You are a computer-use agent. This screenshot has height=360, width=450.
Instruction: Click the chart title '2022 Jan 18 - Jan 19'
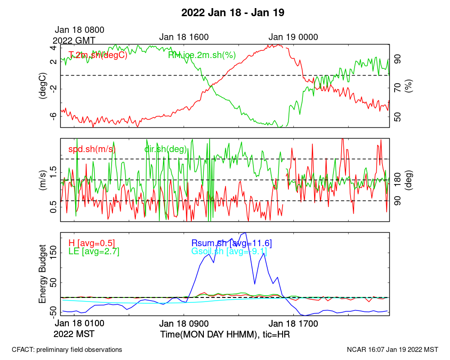point(233,13)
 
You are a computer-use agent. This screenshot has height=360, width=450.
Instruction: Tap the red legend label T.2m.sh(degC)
point(98,55)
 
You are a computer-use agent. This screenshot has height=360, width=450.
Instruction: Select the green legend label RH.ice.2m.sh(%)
point(202,55)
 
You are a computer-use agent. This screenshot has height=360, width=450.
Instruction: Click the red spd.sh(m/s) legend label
point(92,149)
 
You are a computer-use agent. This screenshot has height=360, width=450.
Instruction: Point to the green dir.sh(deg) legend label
point(165,149)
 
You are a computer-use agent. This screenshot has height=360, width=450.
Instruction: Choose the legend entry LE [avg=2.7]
point(94,252)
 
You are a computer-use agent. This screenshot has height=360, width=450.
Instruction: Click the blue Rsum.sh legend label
point(231,243)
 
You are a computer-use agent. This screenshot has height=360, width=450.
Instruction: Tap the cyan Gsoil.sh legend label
point(229,252)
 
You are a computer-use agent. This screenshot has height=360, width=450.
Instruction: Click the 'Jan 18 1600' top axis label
point(184,37)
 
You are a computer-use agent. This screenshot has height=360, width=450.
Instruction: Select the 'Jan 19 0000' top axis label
point(293,37)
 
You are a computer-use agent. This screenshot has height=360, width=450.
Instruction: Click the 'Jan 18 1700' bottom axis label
point(294,324)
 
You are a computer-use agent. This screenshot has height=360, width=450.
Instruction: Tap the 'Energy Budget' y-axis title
point(42,274)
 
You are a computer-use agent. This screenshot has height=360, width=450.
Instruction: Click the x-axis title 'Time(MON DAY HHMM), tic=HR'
point(213,335)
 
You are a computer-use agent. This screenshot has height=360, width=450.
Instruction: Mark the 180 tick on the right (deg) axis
point(397,180)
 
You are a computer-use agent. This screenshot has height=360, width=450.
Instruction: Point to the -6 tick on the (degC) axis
point(53,116)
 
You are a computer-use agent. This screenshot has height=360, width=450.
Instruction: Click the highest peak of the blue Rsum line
point(245,233)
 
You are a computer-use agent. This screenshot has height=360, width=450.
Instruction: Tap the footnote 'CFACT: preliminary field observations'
point(67,349)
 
